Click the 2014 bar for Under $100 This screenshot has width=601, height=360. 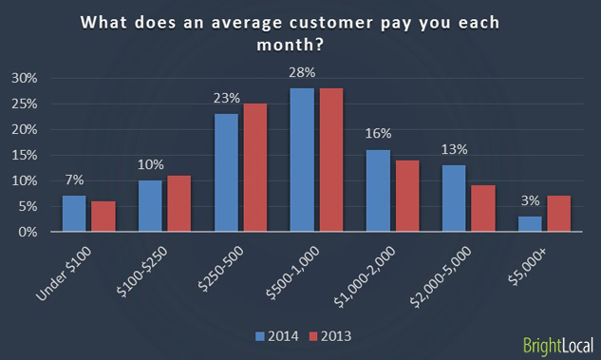pyautogui.click(x=74, y=214)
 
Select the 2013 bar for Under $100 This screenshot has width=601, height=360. pyautogui.click(x=102, y=217)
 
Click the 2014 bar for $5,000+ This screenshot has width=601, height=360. pyautogui.click(x=530, y=224)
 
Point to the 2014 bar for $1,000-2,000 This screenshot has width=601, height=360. pyautogui.click(x=378, y=191)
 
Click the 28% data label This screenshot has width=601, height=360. pyautogui.click(x=302, y=72)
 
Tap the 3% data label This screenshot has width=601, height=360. pyautogui.click(x=530, y=201)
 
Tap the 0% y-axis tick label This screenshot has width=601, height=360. pyautogui.click(x=28, y=232)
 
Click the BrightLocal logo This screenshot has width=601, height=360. pyautogui.click(x=560, y=344)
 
